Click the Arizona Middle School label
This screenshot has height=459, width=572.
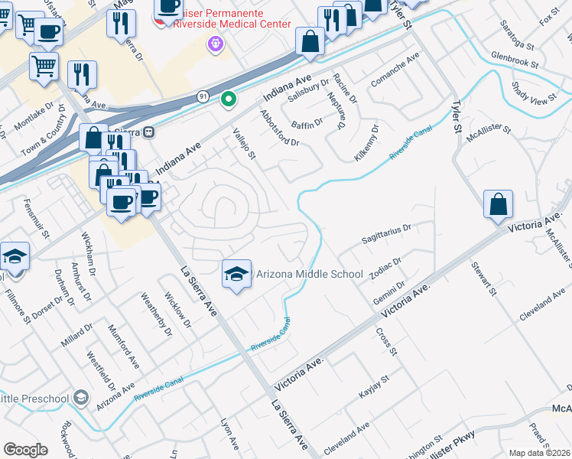[x=309, y=274]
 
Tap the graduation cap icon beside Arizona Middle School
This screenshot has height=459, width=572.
[x=237, y=275]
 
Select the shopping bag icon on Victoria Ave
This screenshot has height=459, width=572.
[x=498, y=205]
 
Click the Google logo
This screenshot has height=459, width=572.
[x=25, y=450]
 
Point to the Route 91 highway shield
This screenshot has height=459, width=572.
[x=202, y=96]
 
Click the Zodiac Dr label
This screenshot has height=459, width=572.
[x=385, y=269]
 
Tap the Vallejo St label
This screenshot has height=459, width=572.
[x=244, y=144]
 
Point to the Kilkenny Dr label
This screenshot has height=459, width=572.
[x=366, y=144]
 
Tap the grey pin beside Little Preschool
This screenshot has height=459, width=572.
[x=83, y=398]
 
